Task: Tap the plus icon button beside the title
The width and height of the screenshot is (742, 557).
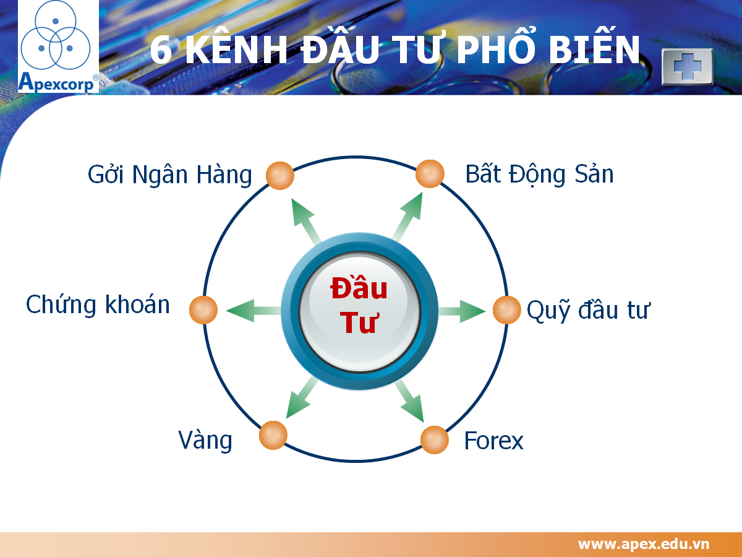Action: coord(687,66)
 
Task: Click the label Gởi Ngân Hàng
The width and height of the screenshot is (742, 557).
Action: coord(170,176)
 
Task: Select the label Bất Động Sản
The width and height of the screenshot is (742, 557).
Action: coord(539,175)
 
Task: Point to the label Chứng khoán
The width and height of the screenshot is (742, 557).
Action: coord(98,305)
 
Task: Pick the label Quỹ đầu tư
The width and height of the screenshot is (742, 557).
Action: coord(587,310)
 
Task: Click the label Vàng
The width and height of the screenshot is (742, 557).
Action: coord(205,440)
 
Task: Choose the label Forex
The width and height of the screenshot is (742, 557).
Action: coord(493,441)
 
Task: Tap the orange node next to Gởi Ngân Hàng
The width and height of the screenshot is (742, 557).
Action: coord(279,176)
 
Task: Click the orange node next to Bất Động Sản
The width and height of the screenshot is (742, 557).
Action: coord(430,174)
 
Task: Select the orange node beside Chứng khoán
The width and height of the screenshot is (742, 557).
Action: coord(203,309)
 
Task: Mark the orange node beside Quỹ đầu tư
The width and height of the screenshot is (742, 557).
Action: coord(507,309)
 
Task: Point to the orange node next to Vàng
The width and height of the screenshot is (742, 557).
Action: coord(273,435)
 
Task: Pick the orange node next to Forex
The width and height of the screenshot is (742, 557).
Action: coord(435,440)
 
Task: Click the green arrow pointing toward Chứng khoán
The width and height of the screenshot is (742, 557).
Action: coord(250,310)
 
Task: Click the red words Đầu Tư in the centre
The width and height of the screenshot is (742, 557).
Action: coord(359,305)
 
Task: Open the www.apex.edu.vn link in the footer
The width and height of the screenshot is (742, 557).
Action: coord(644,544)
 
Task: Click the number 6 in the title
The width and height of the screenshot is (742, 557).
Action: coord(161,50)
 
